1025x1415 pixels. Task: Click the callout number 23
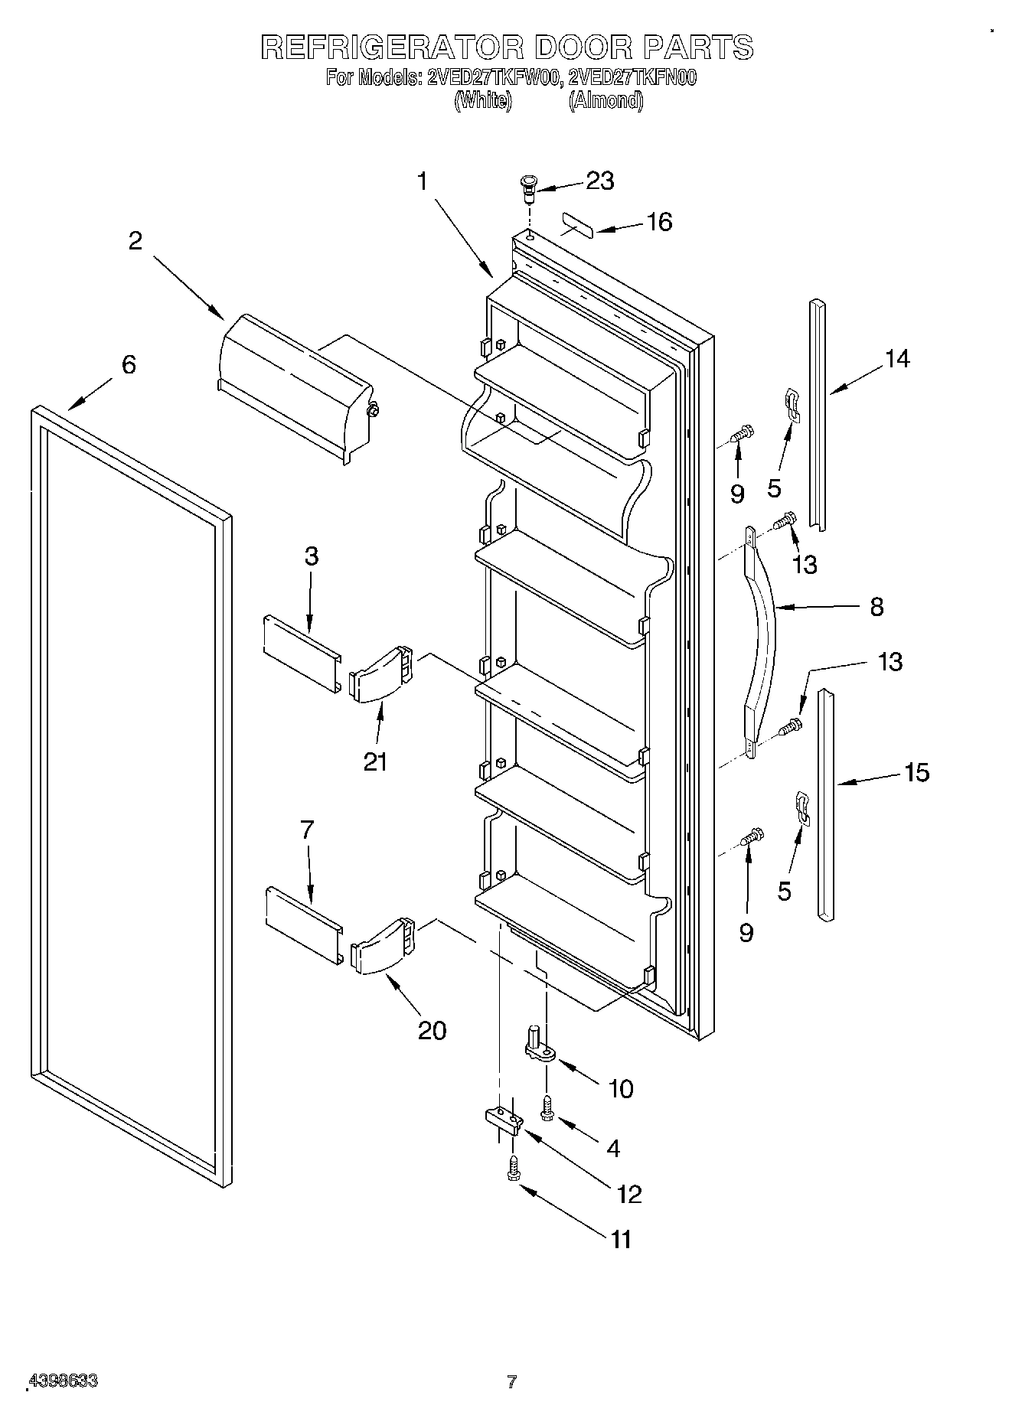[x=599, y=181]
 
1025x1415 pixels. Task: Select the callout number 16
[x=658, y=222]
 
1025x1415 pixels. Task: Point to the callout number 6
[x=129, y=364]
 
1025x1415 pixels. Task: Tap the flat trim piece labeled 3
[x=301, y=644]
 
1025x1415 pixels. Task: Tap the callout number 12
[x=629, y=1193]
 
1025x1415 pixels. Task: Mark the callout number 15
[x=916, y=773]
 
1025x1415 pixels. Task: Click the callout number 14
[x=897, y=358]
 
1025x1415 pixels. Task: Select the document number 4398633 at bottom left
[x=63, y=1381]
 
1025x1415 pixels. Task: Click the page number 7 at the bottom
[x=511, y=1382]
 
